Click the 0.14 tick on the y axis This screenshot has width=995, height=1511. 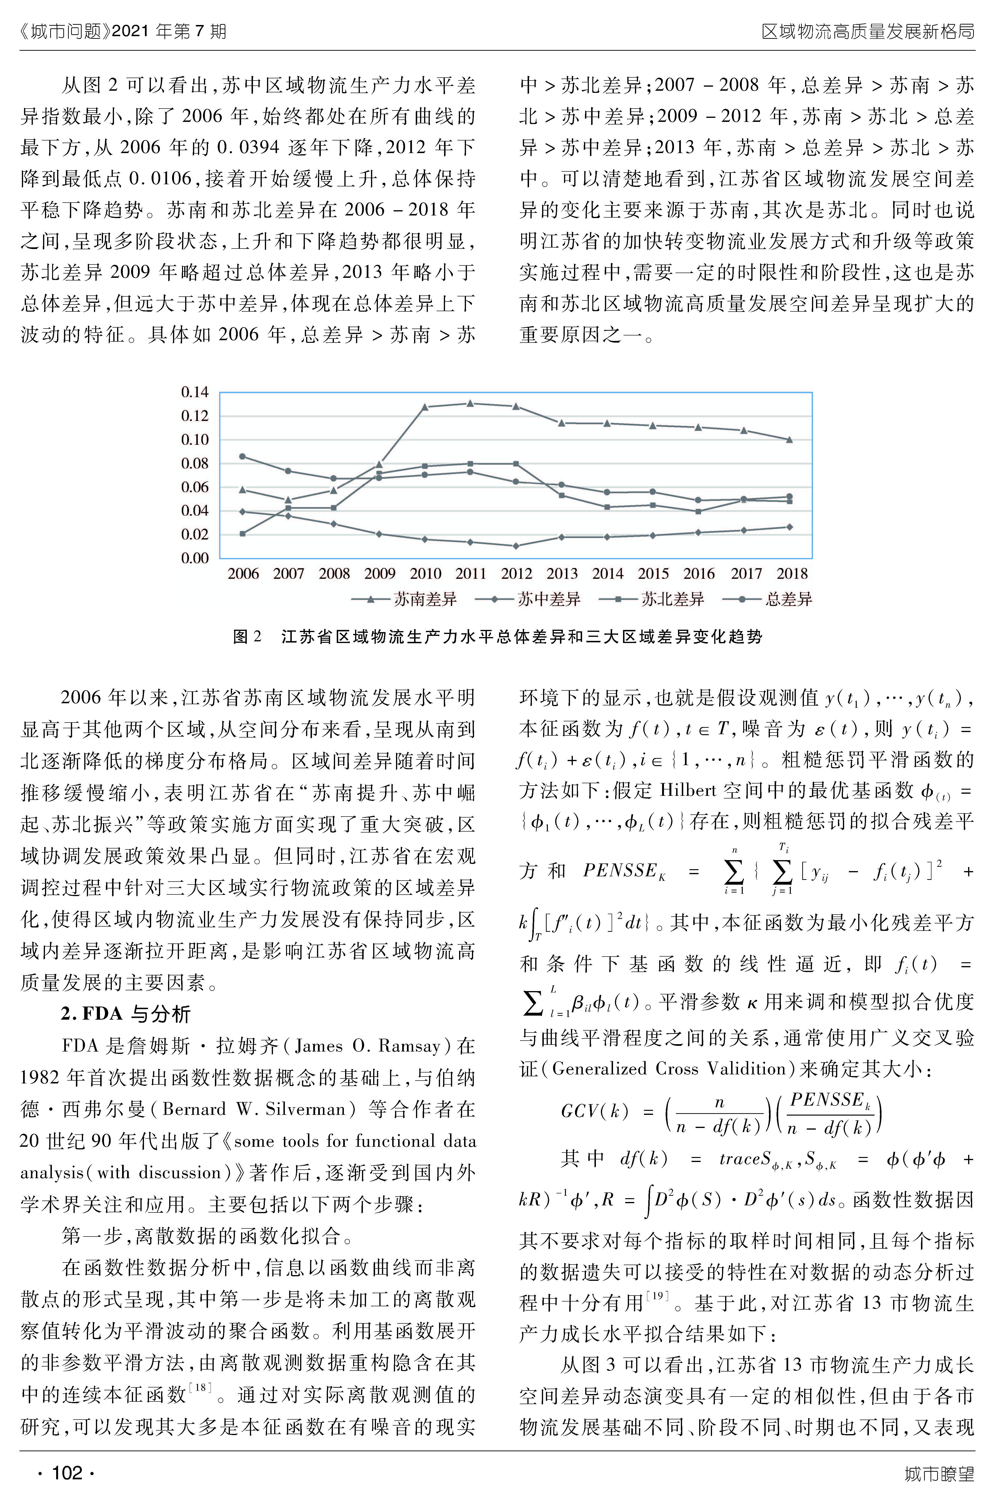[x=195, y=392]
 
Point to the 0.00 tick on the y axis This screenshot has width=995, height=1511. [x=195, y=558]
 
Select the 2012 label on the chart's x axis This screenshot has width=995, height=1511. [x=516, y=574]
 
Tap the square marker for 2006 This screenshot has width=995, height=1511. [x=243, y=534]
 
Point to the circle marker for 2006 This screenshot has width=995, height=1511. [x=243, y=456]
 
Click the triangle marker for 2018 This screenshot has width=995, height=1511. [x=789, y=439]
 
